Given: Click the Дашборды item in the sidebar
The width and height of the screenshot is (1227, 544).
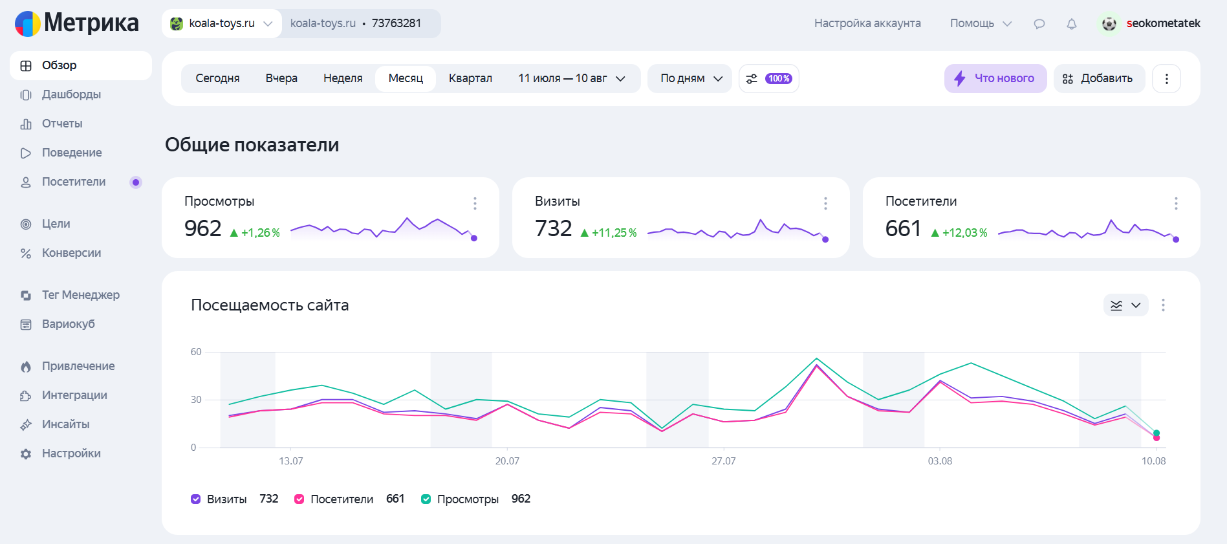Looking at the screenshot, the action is click(71, 94).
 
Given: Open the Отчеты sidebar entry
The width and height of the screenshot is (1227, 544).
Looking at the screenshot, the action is click(62, 124).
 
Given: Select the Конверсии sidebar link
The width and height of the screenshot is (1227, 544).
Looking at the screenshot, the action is click(71, 253).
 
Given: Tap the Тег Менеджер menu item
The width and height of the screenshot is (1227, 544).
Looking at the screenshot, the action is click(80, 295).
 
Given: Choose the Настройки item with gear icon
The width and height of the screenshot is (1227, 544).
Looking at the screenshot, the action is click(71, 453).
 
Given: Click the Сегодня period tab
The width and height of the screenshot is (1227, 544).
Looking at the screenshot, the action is click(217, 78).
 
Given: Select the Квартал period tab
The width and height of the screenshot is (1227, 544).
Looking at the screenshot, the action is click(470, 78).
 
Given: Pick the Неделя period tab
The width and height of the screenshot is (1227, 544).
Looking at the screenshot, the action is click(343, 78).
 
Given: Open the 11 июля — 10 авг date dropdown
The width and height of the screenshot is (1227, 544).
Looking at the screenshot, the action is click(572, 78).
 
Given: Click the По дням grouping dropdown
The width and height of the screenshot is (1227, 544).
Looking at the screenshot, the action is click(690, 78).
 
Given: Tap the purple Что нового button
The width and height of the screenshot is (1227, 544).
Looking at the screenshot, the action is click(995, 78).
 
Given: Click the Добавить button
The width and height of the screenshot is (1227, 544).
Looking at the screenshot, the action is click(1099, 78).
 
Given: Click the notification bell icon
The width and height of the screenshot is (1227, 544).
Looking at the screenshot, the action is click(1072, 24).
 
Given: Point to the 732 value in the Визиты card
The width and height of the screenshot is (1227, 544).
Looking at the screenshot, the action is click(553, 228).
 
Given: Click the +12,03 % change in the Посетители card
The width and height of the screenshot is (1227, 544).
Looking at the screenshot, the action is click(959, 233).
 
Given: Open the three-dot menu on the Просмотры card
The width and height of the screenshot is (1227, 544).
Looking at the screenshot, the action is click(475, 203).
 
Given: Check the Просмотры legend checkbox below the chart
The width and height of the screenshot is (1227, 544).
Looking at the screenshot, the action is click(426, 499).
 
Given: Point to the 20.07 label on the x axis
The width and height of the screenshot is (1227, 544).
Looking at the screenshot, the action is click(507, 461).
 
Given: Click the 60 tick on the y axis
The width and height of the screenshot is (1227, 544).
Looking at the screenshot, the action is click(196, 352).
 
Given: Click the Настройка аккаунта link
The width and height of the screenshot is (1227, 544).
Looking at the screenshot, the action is click(867, 23).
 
